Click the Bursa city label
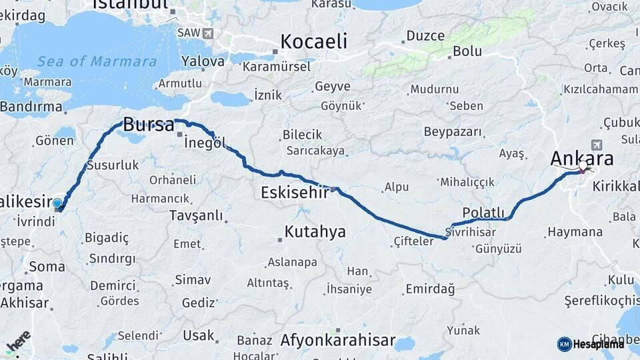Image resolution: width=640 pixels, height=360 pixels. [x=149, y=125]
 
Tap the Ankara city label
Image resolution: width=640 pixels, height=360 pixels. [x=581, y=159]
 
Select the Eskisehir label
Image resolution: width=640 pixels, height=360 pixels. [x=294, y=193]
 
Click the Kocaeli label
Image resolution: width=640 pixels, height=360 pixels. [x=313, y=41]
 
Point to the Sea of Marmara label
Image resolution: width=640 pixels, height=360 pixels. [x=97, y=61]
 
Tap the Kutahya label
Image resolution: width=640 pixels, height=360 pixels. [x=315, y=231]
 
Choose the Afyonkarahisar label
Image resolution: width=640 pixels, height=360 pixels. [x=338, y=340]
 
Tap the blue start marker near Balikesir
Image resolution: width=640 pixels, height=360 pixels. [x=57, y=203]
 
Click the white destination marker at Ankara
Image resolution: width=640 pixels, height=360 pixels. [x=583, y=165]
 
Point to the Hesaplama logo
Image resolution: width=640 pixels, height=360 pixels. [x=591, y=344]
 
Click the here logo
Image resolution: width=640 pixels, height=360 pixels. [x=18, y=341]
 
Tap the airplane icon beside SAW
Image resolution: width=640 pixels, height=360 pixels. [x=208, y=33]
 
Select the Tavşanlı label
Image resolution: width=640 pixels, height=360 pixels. [x=196, y=215]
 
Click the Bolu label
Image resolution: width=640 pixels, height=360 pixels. [x=467, y=51]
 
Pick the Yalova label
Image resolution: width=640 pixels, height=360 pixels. [x=203, y=61]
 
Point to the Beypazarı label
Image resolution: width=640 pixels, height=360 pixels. [x=452, y=131]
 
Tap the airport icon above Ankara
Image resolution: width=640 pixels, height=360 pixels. [x=595, y=145]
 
